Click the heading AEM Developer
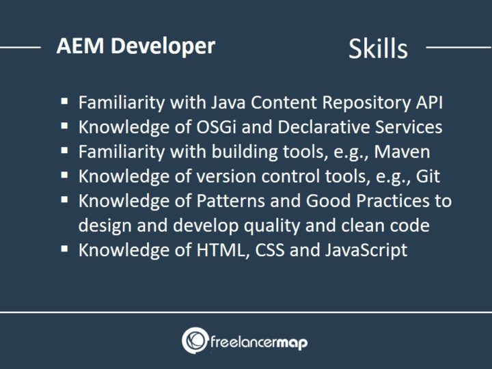[135, 46]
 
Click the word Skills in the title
[378, 49]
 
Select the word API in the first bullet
[428, 102]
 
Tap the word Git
[426, 176]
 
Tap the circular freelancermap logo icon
[194, 340]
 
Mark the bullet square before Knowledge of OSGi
[64, 126]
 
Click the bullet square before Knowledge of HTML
[64, 249]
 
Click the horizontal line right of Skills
[458, 48]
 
